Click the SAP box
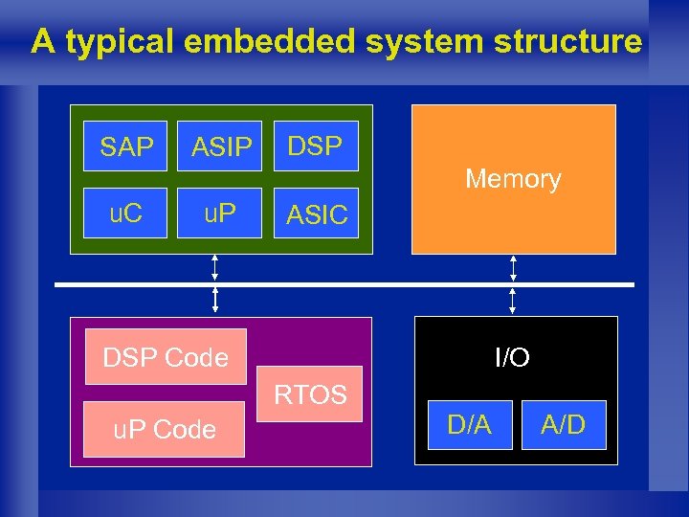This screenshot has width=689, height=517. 125,146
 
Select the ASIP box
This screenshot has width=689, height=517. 221,146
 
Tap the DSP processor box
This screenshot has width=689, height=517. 316,146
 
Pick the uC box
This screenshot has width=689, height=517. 125,213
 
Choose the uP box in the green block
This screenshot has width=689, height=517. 221,213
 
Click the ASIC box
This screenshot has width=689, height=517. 317,213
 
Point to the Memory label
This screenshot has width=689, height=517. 513,179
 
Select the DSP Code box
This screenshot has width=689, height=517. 166,357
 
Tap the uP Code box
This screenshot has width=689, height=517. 165,429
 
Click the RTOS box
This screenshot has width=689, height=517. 312,393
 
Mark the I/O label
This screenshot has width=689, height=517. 513,357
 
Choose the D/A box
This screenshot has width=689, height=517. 469,425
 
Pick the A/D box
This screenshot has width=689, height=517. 564,425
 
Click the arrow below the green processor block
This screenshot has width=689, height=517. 215,267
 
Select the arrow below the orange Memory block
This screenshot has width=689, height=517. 514,267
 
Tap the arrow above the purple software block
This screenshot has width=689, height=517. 215,301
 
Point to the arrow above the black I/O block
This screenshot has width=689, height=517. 514,301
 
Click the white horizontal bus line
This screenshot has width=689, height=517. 344,284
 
